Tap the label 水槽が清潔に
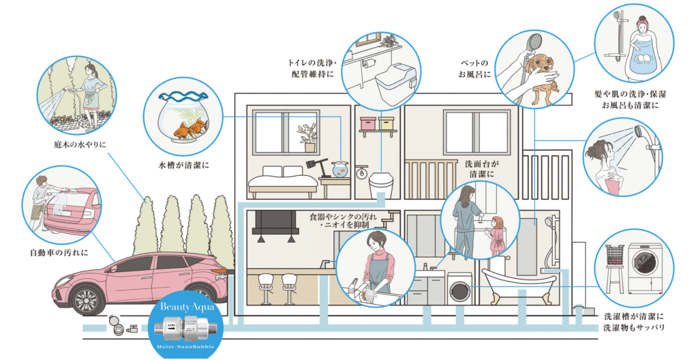pos(182,165)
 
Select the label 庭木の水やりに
pos(82,145)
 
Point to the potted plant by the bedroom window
pos(309,137)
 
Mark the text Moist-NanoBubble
pos(182,345)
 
